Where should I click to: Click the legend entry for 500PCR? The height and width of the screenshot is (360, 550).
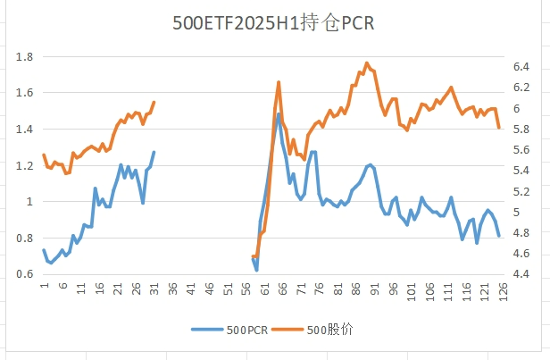pos(235,330)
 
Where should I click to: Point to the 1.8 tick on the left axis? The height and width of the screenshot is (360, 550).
pos(24,56)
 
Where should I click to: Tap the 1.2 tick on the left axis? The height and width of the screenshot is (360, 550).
pos(24,165)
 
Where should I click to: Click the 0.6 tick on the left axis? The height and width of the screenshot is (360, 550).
pos(24,274)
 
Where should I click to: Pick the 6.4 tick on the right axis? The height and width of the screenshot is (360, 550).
pos(523,67)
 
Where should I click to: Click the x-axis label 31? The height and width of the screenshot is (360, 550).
pos(154,288)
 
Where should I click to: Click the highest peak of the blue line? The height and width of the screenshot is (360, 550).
pos(279,113)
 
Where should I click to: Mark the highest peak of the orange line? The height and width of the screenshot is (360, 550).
pos(367,63)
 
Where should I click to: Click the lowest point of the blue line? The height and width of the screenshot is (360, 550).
pos(256,270)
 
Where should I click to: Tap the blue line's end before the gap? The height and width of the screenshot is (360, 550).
pos(154,152)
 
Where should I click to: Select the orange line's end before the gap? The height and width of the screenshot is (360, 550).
pos(154,102)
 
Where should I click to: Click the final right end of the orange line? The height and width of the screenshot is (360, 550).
pos(499,127)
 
